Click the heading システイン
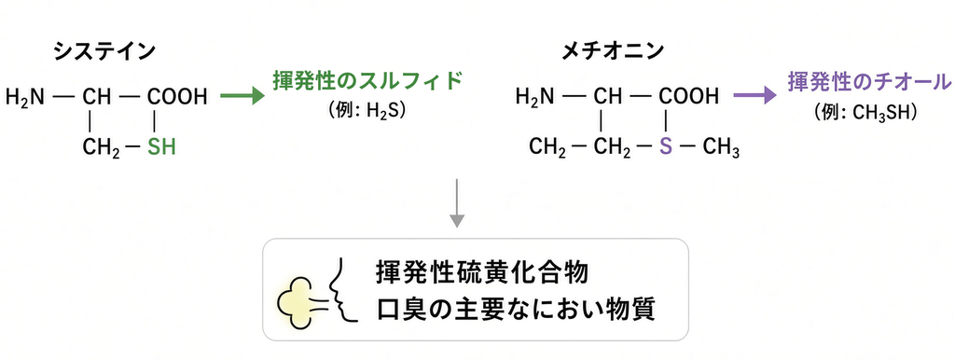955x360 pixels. click(x=104, y=52)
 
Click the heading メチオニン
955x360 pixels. click(x=613, y=52)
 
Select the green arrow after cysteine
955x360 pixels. click(x=242, y=96)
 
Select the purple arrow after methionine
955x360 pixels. click(x=755, y=95)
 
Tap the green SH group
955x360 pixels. click(x=160, y=146)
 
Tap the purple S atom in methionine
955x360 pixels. click(x=666, y=146)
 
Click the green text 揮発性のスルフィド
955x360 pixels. click(x=367, y=82)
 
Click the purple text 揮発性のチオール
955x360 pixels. click(x=869, y=82)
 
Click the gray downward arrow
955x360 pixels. click(x=457, y=202)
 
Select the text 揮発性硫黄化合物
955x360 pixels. click(x=482, y=272)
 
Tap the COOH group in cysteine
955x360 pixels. click(x=177, y=96)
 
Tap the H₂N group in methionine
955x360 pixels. click(x=535, y=96)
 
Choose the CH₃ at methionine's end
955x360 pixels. click(x=721, y=148)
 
